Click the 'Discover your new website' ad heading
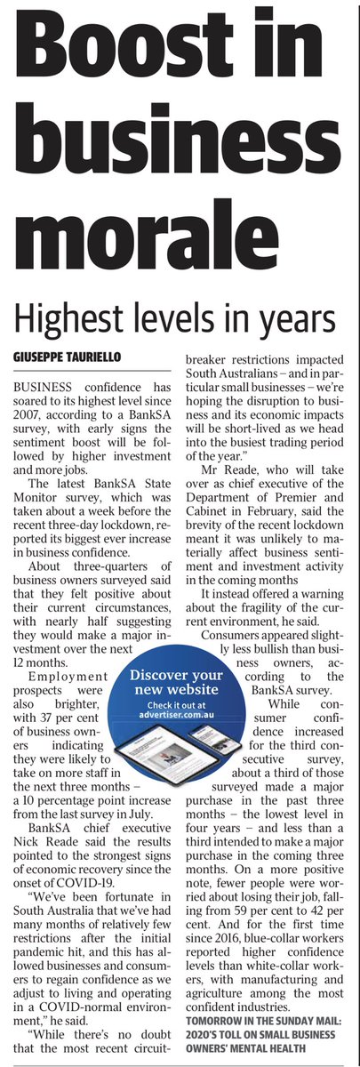point(182,684)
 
